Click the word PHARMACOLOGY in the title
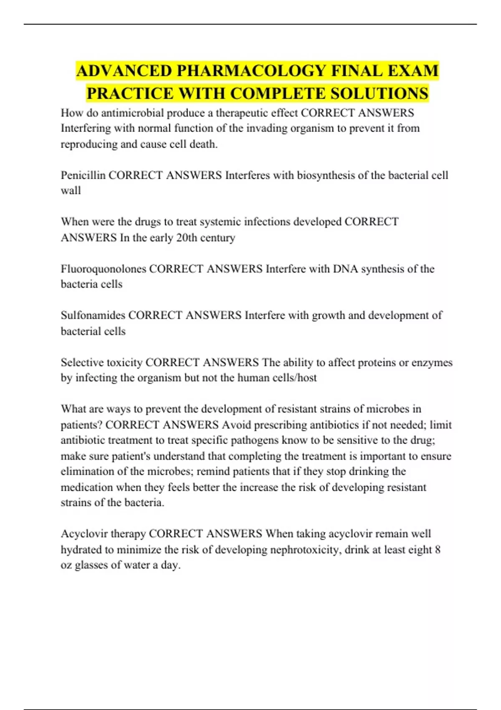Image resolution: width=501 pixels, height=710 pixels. coord(251,71)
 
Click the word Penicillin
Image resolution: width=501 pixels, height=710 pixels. coord(83,175)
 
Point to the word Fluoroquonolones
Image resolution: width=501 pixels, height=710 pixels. coord(104,269)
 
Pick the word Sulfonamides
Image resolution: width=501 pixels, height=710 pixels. coord(93,315)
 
